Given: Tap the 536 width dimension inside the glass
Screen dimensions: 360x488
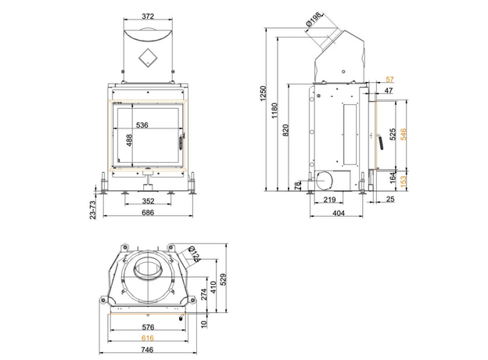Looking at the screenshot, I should pyautogui.click(x=142, y=124).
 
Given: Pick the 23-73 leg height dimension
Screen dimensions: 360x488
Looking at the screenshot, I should pyautogui.click(x=92, y=211).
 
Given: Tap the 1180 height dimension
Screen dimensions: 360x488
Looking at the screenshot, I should pyautogui.click(x=273, y=110).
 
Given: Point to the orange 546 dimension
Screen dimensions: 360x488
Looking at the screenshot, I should pyautogui.click(x=403, y=134).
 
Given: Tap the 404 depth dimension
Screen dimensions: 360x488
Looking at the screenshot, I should pyautogui.click(x=339, y=213).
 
